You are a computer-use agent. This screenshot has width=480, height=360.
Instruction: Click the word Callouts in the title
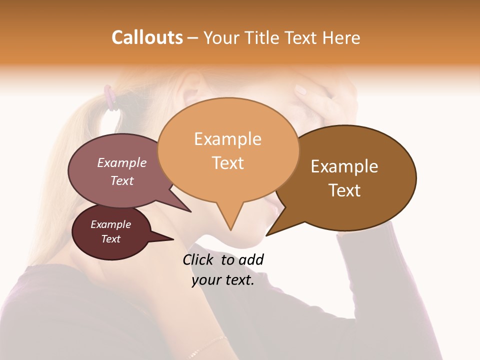147,37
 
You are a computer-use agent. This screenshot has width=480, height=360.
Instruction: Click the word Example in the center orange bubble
227,139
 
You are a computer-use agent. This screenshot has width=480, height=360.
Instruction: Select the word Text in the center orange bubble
227,163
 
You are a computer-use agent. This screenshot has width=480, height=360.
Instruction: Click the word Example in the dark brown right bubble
344,166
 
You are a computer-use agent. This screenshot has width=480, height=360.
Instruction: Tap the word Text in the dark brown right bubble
344,190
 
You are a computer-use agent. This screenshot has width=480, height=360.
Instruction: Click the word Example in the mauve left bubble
122,162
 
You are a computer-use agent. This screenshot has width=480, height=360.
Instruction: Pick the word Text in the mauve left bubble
122,180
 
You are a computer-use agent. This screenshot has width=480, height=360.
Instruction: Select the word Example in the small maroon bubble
111,224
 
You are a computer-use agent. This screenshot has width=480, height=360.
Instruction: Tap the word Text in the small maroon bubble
111,239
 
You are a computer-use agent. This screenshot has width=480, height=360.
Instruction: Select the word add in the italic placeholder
251,259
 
